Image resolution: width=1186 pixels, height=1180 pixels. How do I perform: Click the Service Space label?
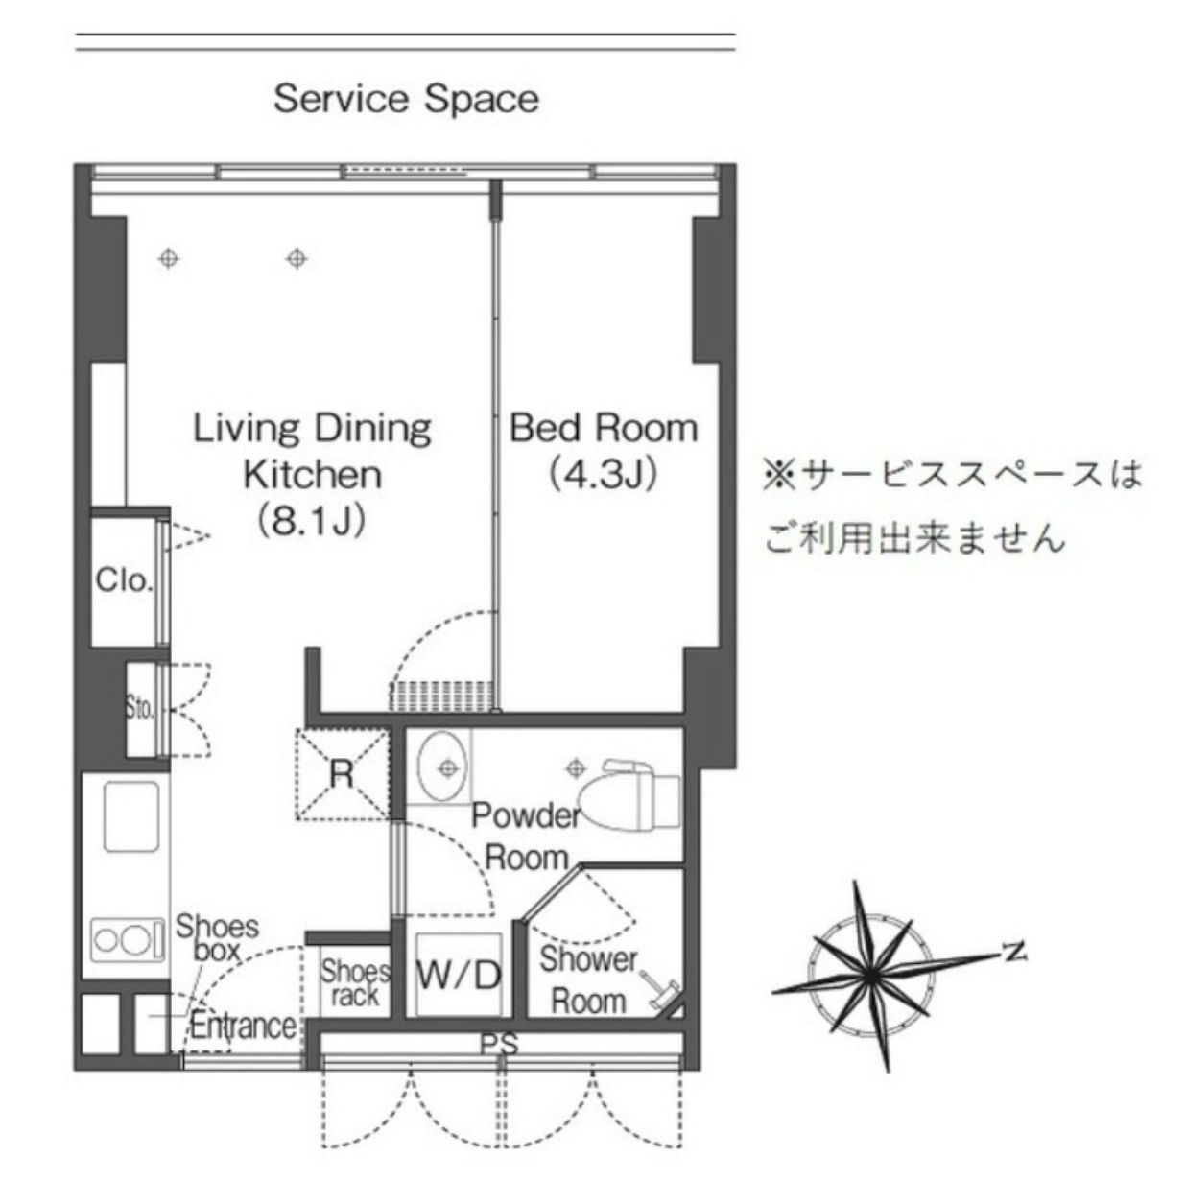(x=406, y=100)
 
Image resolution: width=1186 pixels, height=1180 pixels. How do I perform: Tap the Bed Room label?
(x=604, y=429)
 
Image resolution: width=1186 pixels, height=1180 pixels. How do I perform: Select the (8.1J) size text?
(x=312, y=521)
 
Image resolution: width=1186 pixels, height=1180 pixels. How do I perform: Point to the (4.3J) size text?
(x=604, y=475)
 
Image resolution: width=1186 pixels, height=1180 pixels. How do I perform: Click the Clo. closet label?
(x=124, y=579)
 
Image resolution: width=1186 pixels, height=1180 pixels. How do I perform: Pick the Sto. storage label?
(x=140, y=710)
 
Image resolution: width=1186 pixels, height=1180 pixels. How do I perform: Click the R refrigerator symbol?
(x=343, y=774)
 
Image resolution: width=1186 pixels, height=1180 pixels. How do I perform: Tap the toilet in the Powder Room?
(x=631, y=794)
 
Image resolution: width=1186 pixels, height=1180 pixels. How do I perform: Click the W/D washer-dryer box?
(x=459, y=975)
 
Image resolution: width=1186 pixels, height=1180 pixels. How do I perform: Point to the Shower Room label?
(x=588, y=980)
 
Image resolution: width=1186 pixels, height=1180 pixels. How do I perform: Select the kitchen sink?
(x=131, y=816)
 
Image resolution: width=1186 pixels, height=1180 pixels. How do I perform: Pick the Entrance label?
(x=243, y=1026)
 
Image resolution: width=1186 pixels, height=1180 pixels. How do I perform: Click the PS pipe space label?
(x=499, y=1044)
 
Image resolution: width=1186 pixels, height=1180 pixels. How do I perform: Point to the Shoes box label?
(x=217, y=938)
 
